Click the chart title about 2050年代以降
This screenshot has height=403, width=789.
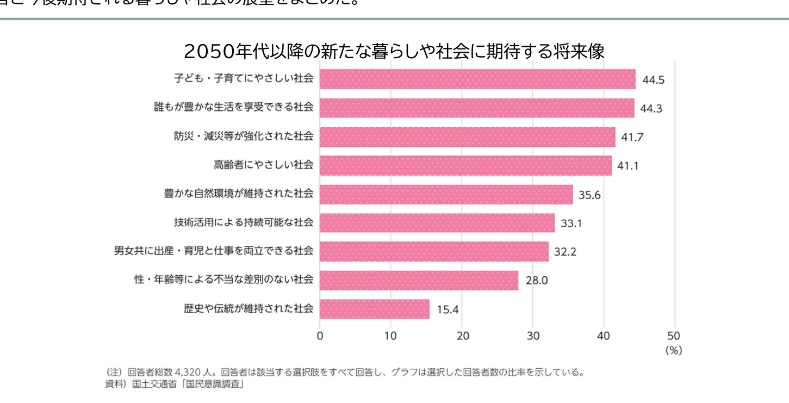coord(394,51)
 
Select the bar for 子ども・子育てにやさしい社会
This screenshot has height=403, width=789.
coord(477,79)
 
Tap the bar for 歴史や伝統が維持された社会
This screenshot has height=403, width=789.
coord(375,309)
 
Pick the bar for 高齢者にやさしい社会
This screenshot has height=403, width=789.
coord(465,165)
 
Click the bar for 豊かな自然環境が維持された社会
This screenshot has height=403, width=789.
coord(446,194)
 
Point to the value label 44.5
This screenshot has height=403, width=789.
coord(654,80)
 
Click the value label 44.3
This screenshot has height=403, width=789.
coord(651,108)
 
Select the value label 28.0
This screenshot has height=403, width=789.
coord(537,281)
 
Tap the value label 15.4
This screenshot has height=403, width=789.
coord(448,309)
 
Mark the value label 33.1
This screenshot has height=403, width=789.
coord(571,224)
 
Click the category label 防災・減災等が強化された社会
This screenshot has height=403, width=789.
coord(244,137)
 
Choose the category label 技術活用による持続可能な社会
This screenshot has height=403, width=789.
coord(244,222)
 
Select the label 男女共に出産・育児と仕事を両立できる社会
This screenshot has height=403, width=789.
coord(214,251)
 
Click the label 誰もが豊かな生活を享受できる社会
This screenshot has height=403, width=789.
coord(234,108)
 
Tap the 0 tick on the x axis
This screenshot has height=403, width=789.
coord(320,336)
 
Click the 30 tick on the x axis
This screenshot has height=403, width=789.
coord(533,336)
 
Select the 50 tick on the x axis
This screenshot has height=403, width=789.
coord(674,336)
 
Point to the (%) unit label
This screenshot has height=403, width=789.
coord(673,351)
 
